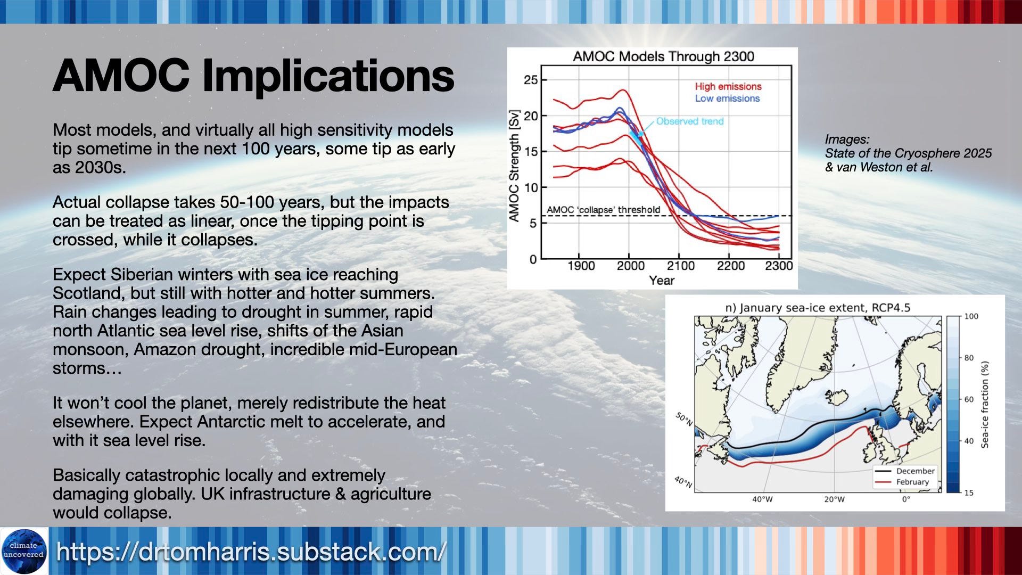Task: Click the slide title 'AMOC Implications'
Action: point(253,76)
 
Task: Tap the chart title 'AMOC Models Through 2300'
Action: point(663,56)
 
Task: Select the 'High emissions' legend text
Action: point(728,86)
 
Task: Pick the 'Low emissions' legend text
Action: point(727,98)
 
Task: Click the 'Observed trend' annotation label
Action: point(690,121)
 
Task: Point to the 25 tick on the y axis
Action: point(531,80)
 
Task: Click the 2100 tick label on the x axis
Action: point(680,266)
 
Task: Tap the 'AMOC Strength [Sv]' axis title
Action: point(514,166)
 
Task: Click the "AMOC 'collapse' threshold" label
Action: point(604,210)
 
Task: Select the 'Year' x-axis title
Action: point(662,281)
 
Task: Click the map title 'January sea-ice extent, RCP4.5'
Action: point(818,308)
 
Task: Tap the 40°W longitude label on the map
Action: point(762,499)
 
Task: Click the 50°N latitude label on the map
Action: point(685,419)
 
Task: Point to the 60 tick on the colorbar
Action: point(969,399)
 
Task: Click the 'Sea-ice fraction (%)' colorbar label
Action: point(985,405)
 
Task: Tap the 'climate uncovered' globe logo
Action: point(24,551)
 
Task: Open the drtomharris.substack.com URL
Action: point(251,552)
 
